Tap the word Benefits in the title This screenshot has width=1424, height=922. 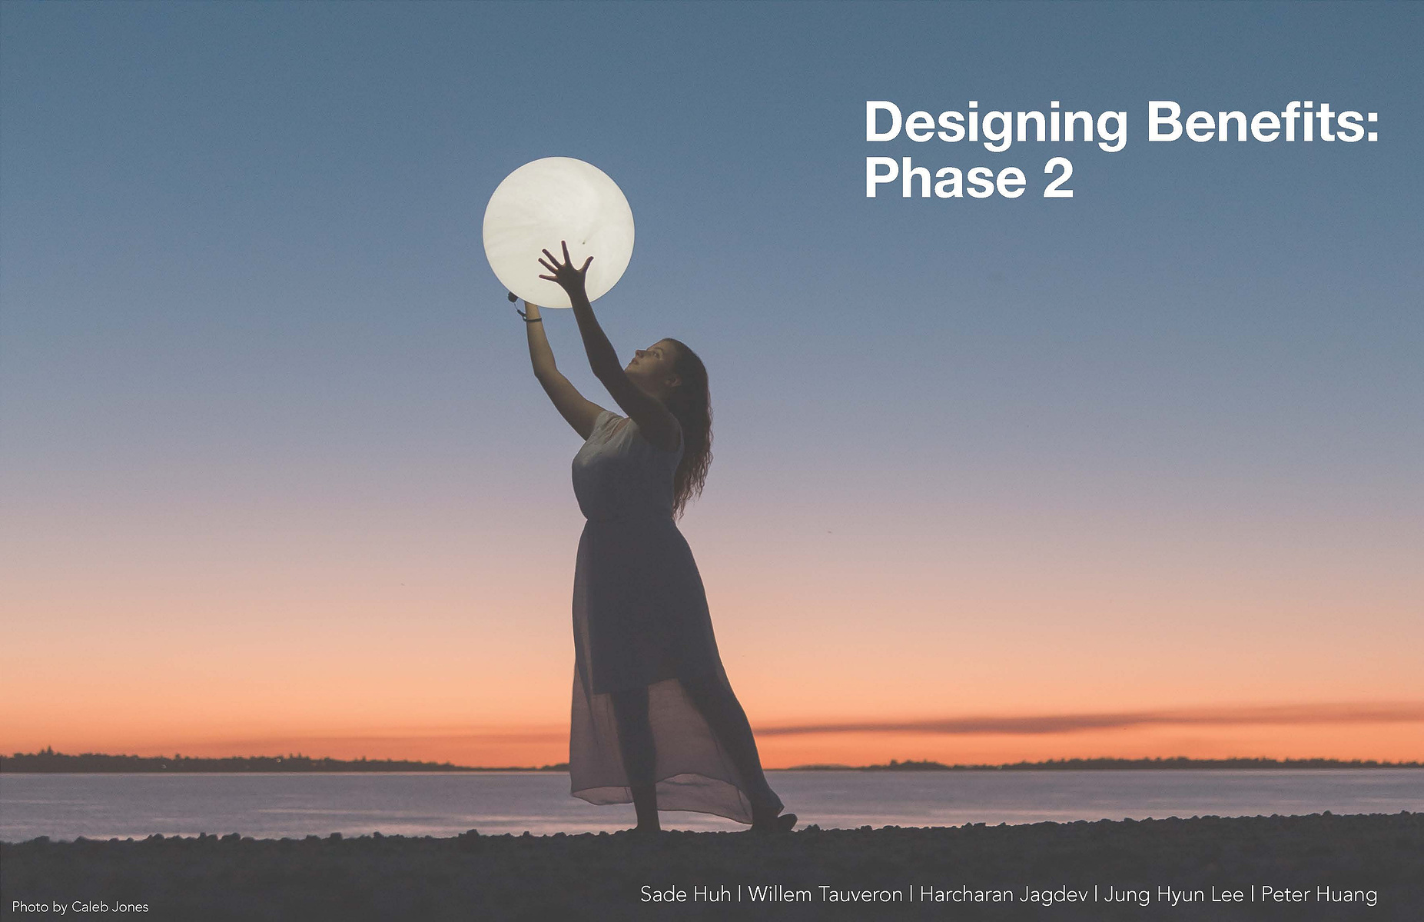coord(1253,122)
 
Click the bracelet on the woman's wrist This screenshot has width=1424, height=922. coord(532,318)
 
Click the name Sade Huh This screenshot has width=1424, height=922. coord(685,894)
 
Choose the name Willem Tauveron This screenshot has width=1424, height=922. coord(825,894)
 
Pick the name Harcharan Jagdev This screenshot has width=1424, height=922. coord(1003,895)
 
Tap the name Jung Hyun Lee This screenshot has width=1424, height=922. coord(1173,895)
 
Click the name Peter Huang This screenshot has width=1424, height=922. coord(1319,895)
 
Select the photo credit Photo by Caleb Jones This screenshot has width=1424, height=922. coord(81,907)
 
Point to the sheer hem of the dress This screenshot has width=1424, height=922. coord(669,792)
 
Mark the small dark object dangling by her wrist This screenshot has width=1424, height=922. coord(512,297)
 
